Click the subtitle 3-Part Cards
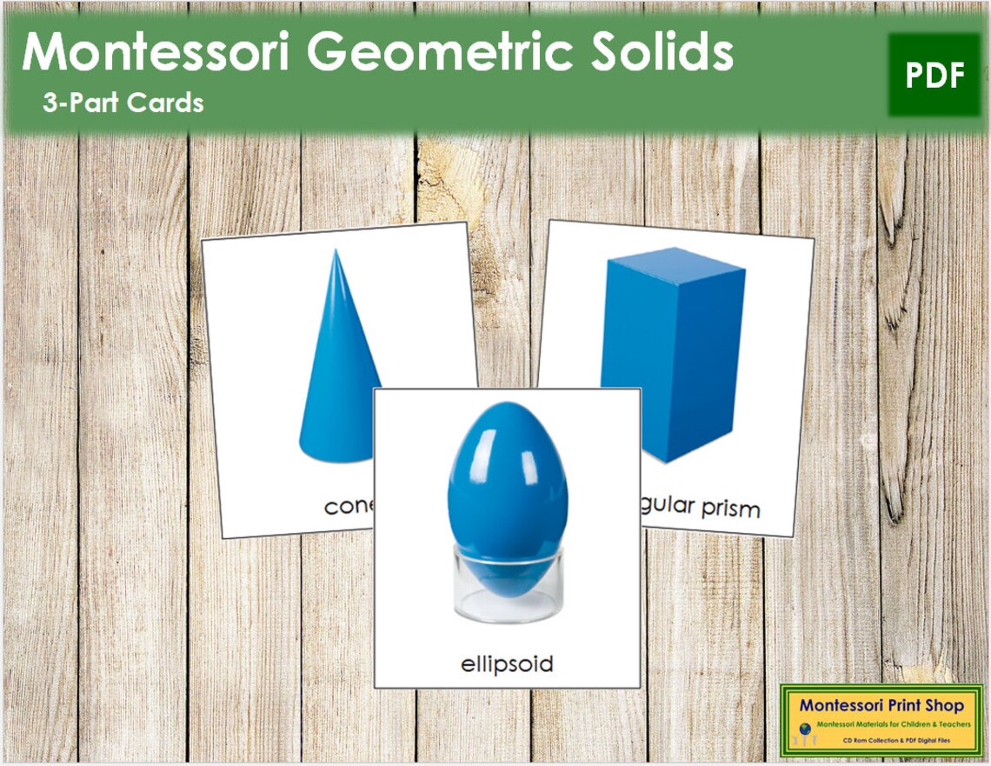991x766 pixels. pos(123,103)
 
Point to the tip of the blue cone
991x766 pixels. pos(335,252)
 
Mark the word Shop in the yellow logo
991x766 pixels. pos(944,706)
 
